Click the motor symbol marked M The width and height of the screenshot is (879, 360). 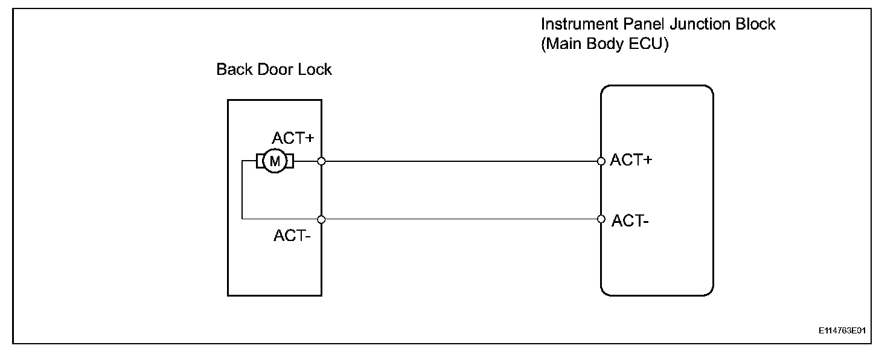point(275,161)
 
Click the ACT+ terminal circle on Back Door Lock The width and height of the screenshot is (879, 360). point(321,161)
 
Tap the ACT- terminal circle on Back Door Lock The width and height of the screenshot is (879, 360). point(321,219)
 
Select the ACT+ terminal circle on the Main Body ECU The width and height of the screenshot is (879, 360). point(601,161)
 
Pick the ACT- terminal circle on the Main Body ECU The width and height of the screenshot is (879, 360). point(601,219)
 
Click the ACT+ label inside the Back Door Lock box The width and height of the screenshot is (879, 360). point(293,138)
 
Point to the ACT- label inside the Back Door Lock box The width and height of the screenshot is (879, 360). point(292,236)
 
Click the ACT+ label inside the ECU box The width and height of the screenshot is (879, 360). point(631,160)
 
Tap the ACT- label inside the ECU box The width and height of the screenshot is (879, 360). point(630,220)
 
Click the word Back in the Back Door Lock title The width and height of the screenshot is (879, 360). point(234,69)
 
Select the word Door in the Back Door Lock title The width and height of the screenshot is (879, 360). point(275,69)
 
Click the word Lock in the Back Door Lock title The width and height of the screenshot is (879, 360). point(315,69)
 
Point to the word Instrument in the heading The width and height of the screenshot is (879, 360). point(579,24)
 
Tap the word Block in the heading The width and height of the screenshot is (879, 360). point(756,24)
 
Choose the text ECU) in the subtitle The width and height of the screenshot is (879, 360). point(648,43)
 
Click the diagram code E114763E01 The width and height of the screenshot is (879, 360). point(842,330)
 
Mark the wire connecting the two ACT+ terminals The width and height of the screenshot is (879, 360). point(461,161)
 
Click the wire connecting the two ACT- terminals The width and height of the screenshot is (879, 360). point(461,219)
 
